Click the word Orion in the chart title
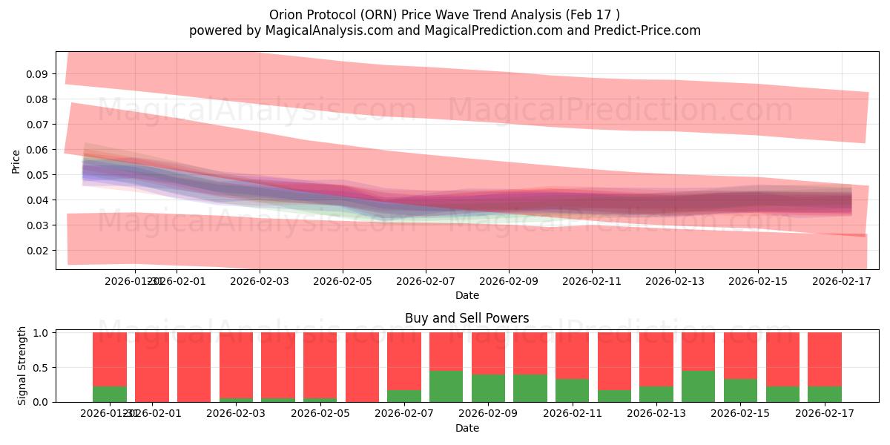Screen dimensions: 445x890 click(286, 15)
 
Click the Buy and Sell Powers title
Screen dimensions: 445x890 click(467, 318)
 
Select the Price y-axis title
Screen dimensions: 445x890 click(16, 161)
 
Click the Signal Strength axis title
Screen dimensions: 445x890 click(22, 366)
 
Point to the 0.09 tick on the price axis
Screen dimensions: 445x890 click(37, 74)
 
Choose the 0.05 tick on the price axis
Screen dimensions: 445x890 click(37, 175)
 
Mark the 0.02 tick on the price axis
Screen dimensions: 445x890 click(37, 251)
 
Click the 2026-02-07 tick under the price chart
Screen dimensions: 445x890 click(426, 281)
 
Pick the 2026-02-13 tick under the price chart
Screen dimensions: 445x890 click(674, 281)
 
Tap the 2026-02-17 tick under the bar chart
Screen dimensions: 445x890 click(825, 413)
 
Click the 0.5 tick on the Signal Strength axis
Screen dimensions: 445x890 click(42, 367)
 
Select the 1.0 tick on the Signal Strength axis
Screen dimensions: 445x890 click(42, 333)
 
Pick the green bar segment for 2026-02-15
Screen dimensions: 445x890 click(740, 390)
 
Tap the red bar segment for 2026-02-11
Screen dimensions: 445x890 click(572, 355)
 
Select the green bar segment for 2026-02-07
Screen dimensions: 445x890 click(404, 396)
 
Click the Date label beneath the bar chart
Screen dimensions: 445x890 click(467, 428)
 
